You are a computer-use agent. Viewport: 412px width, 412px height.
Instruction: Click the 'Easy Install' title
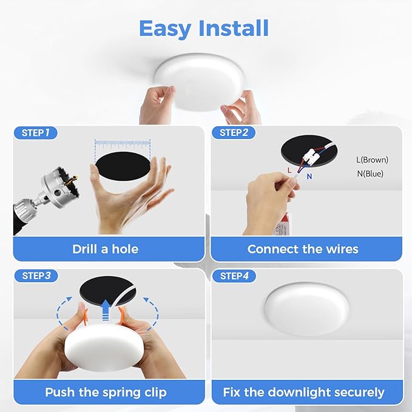[204, 28]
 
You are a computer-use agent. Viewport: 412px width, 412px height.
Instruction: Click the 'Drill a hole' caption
[105, 249]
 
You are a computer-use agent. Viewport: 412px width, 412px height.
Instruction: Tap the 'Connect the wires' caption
[303, 249]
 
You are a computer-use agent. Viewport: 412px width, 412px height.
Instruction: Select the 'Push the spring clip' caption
[105, 392]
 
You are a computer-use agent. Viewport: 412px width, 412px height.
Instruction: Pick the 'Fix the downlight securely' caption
[303, 392]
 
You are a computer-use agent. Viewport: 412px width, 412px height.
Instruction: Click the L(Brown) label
[372, 160]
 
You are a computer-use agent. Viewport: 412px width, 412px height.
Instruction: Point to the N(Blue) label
[370, 174]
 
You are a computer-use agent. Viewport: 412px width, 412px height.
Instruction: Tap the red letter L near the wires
[289, 171]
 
